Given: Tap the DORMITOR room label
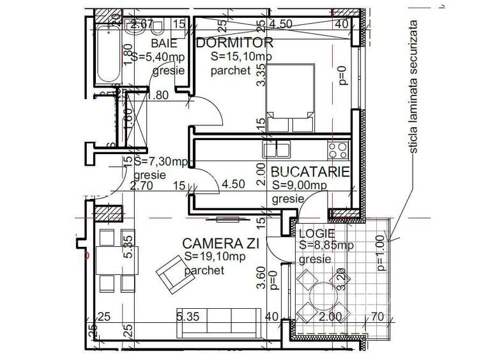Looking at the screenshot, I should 234,43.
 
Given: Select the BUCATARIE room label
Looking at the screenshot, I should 309,172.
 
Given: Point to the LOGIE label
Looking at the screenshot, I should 312,233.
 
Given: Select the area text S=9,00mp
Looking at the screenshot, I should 299,185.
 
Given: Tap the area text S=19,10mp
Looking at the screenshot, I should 213,257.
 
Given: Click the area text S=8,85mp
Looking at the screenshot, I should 326,246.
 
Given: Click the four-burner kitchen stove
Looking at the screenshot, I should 338,150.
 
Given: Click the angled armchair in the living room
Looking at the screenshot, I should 173,271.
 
